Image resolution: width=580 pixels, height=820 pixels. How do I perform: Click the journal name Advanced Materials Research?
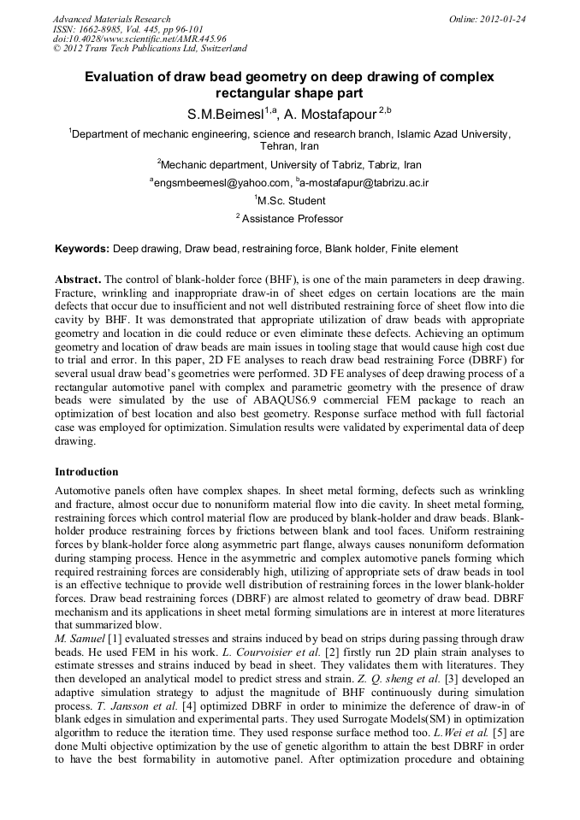pos(112,19)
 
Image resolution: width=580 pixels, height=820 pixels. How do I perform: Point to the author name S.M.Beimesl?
pos(228,114)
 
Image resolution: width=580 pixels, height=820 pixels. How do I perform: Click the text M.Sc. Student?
pos(292,201)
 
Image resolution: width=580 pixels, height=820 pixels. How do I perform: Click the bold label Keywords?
pos(82,249)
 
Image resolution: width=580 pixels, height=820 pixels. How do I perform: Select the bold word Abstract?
pos(78,280)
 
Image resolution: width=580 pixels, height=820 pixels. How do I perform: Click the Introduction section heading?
pos(86,471)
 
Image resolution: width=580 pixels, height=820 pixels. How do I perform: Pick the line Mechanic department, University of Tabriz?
pos(289,164)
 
